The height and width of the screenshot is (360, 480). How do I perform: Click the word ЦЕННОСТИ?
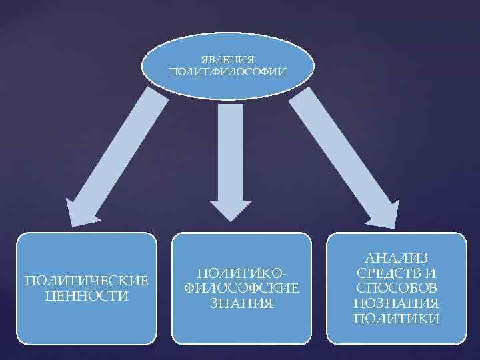[x=87, y=295]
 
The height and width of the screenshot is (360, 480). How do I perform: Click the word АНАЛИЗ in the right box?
[x=397, y=257]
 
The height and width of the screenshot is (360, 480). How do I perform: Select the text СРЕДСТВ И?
[x=397, y=272]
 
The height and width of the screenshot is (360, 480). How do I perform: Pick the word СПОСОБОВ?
[x=397, y=287]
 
